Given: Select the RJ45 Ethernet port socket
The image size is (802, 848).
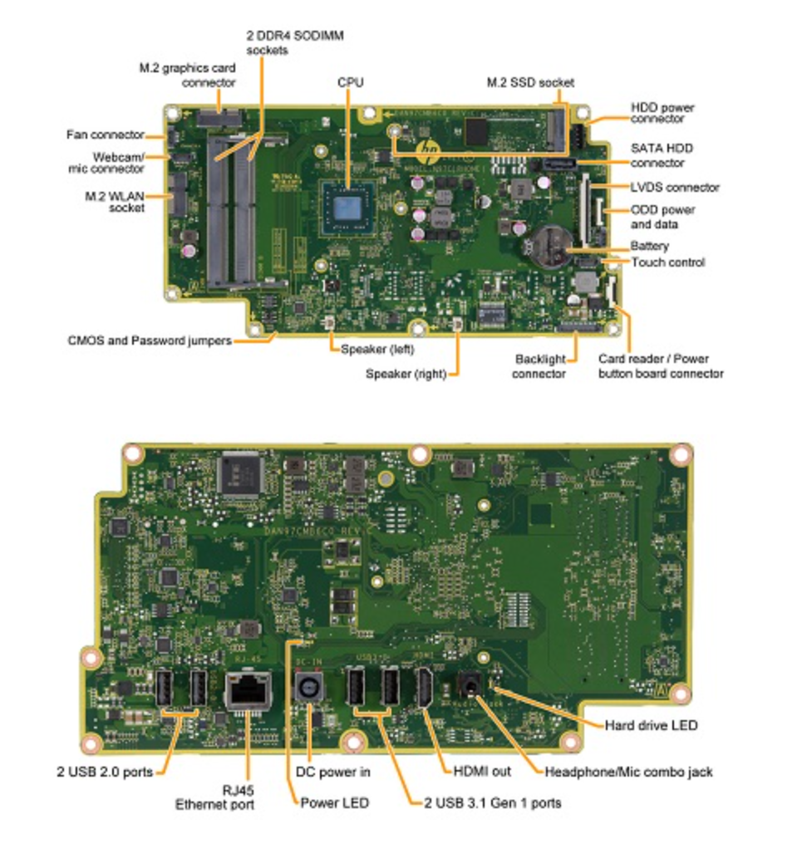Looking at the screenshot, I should tap(246, 688).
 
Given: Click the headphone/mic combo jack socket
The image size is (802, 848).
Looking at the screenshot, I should tap(467, 686).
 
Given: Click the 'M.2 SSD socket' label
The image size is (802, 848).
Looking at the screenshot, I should tap(530, 82).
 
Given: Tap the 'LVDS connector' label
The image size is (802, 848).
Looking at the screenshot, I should tap(675, 188).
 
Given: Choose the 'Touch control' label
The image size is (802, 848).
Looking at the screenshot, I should tap(668, 262).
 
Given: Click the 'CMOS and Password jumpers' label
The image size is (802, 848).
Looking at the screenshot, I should tap(150, 341).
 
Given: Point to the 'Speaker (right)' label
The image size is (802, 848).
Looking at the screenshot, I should tap(406, 375).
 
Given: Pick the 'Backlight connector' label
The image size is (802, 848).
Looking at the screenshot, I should tap(539, 366).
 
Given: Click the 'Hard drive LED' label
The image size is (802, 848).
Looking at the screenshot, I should tap(651, 726).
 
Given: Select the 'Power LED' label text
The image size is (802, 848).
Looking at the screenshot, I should tap(334, 803).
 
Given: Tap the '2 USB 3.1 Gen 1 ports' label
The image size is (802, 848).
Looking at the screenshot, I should tap(492, 802).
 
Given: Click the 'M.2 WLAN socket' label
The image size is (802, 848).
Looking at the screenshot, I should tap(115, 202).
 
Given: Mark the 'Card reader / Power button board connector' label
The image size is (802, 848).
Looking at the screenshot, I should tap(661, 366).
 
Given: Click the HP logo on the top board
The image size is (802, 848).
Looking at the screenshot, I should tap(430, 150).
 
